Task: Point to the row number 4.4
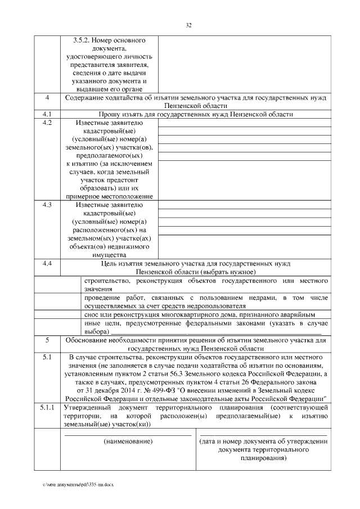[x=48, y=263]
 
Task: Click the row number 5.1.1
[x=48, y=407]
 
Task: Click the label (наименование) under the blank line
[x=129, y=443]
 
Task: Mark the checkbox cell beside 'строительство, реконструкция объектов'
[x=72, y=284]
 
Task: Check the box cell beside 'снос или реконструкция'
[x=72, y=314]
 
